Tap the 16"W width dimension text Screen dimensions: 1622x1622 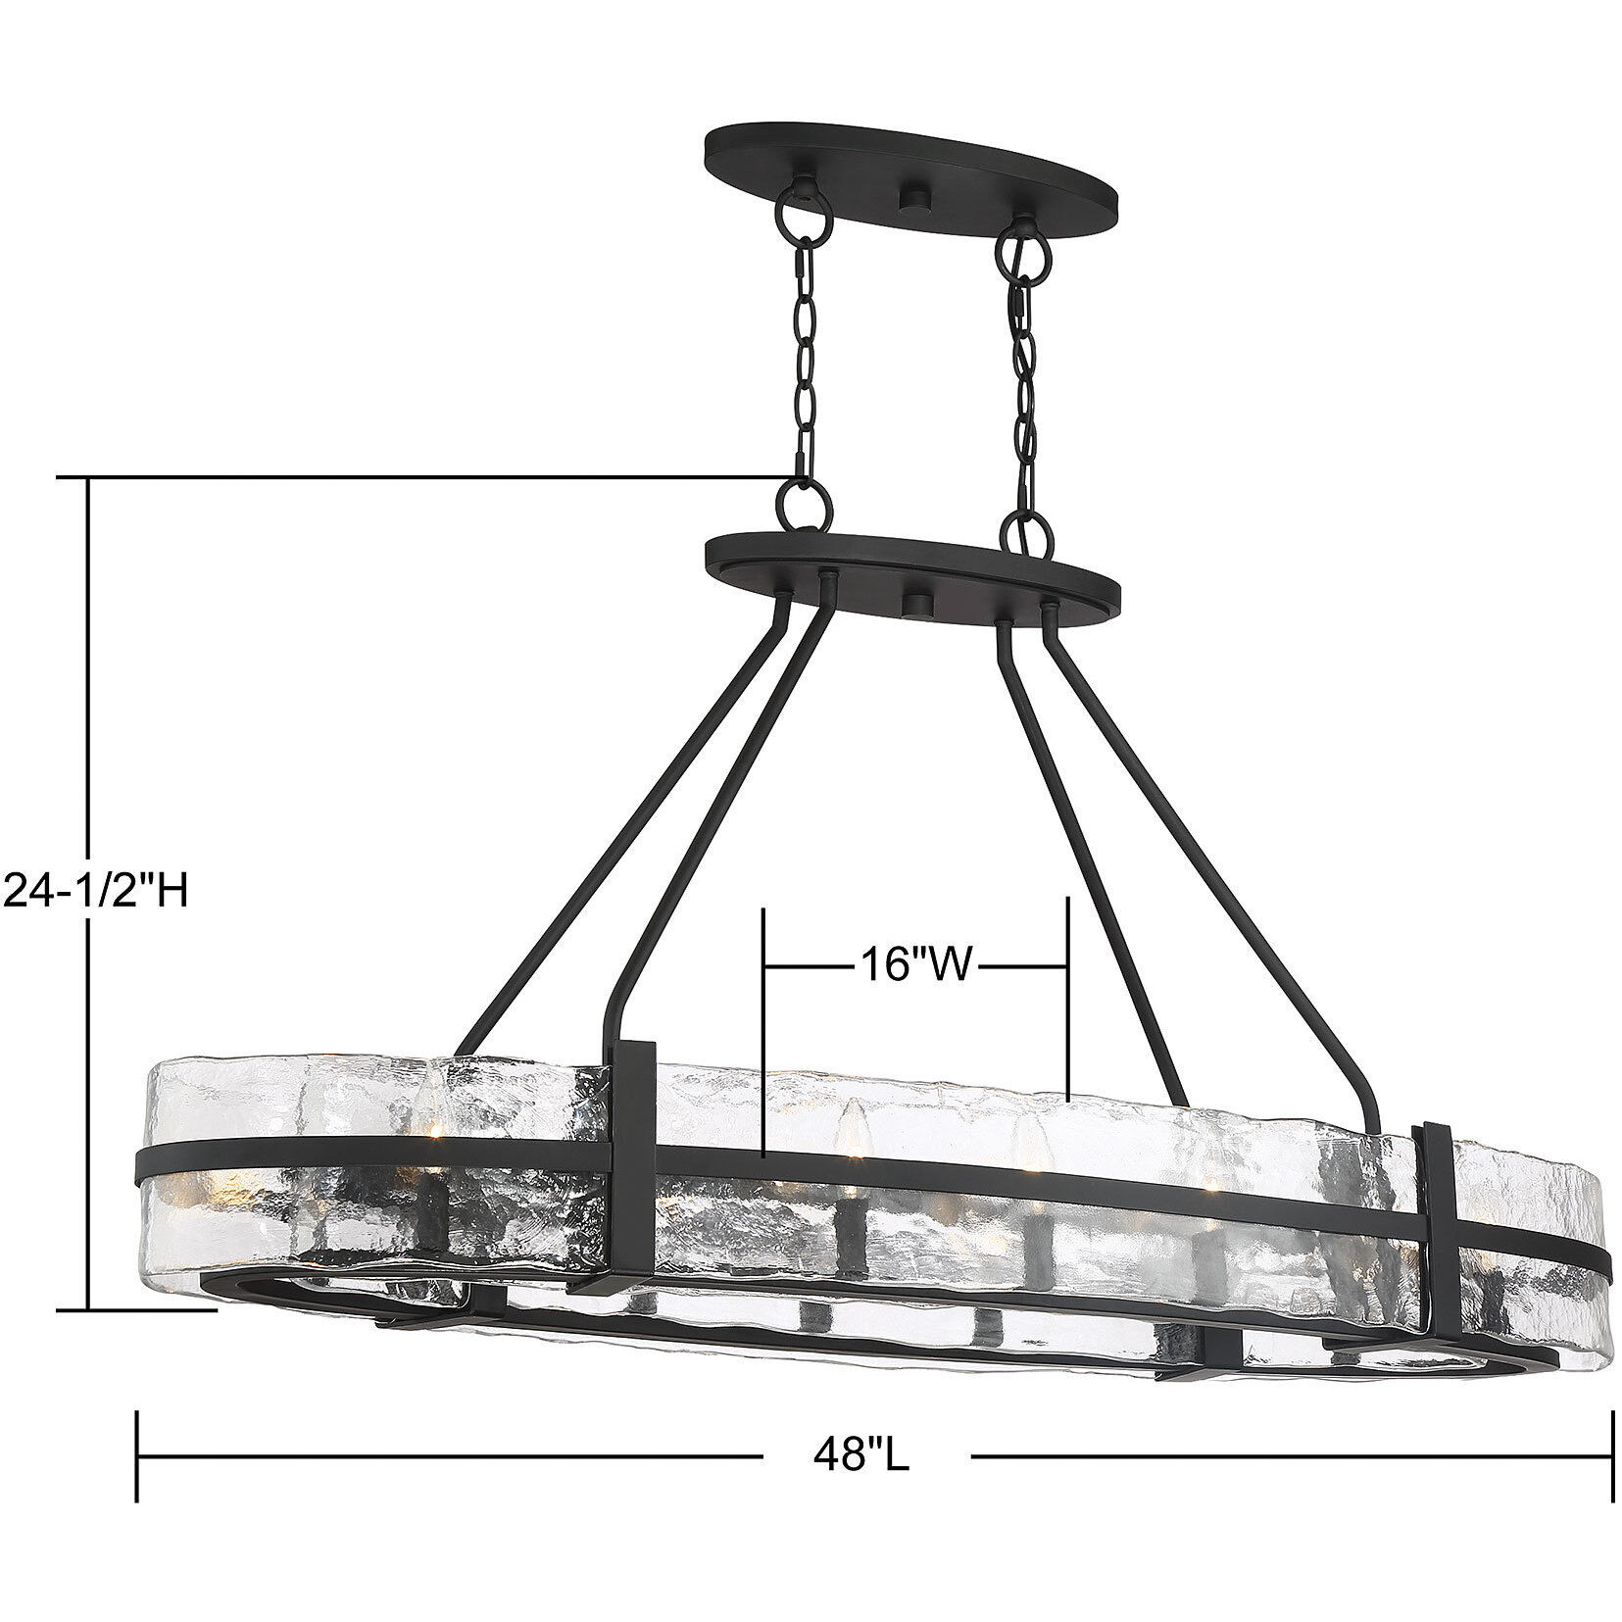914,965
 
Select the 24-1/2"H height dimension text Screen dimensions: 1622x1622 94,891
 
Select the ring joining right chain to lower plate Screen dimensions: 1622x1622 1025,534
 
